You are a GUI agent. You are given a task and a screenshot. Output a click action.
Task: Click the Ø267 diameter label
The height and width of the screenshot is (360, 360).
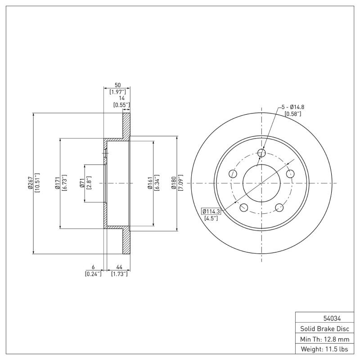(30, 184)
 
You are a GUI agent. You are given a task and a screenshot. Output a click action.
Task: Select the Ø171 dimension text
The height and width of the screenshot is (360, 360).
(57, 184)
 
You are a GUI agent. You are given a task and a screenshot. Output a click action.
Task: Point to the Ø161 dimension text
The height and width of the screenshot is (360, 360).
(150, 184)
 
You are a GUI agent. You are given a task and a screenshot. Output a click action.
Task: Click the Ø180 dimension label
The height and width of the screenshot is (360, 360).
(174, 184)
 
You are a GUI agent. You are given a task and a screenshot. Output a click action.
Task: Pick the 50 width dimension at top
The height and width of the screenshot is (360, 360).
(117, 85)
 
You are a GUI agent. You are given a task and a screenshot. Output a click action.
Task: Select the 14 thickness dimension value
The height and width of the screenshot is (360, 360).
(121, 98)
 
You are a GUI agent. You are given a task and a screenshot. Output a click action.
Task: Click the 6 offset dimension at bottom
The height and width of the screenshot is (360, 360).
(93, 267)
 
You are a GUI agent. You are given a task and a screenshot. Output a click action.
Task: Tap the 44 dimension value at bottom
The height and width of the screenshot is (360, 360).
(119, 267)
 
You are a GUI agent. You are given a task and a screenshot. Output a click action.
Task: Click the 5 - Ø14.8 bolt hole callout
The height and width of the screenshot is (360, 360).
(292, 107)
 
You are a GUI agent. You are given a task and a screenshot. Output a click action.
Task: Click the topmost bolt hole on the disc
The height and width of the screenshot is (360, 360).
(262, 153)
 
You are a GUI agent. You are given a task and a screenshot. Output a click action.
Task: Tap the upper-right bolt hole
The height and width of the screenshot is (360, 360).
(290, 173)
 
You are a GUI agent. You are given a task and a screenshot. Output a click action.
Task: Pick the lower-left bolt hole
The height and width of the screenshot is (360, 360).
(244, 207)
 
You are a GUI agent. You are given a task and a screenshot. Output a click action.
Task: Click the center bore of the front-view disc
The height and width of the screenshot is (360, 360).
(262, 183)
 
